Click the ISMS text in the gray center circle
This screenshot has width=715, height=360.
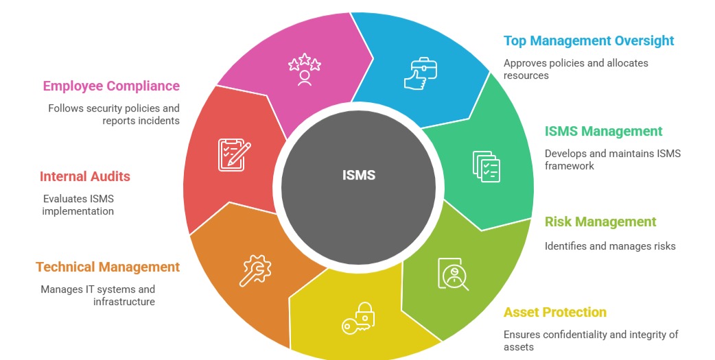tap(359, 175)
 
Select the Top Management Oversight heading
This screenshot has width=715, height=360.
tap(589, 40)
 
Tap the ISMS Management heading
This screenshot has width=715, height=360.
tap(603, 131)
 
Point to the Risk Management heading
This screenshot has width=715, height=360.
tap(600, 221)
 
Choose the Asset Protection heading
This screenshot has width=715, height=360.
tap(554, 312)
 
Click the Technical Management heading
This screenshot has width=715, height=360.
tap(108, 267)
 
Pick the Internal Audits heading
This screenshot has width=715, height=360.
tap(84, 176)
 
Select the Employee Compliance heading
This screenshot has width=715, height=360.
tap(111, 86)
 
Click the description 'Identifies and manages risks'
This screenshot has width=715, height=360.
tap(610, 246)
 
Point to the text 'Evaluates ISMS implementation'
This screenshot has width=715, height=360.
tap(78, 205)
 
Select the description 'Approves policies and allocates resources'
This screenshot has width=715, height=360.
tap(576, 69)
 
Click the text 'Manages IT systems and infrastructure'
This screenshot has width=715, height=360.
tap(97, 296)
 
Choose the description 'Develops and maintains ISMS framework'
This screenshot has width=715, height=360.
tap(612, 159)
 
